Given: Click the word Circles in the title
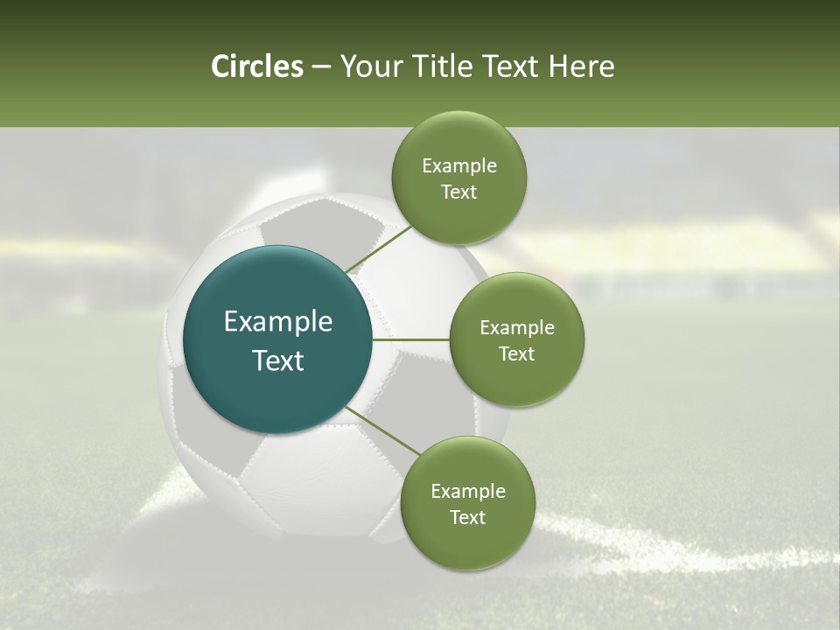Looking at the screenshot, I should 256,66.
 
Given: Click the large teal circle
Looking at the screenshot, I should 277,339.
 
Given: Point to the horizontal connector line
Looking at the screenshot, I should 411,339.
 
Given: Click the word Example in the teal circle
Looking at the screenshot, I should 278,321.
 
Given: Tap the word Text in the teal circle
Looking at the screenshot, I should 278,360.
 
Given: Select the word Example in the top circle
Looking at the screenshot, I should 459,165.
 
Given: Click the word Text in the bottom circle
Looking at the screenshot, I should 467,517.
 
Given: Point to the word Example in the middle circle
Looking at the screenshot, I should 517,327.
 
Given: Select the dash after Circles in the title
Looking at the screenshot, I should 320,67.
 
